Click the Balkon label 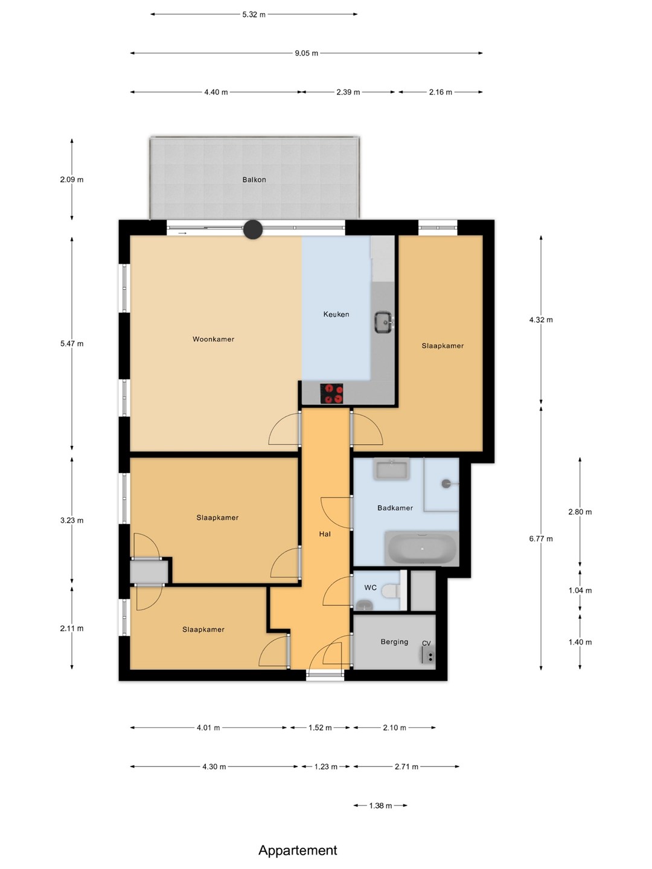254,180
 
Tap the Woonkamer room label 213,339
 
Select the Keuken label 336,314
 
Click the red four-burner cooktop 331,393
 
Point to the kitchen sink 383,323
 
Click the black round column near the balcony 253,230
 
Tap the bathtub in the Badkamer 421,549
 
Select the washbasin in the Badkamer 392,469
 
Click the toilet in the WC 391,591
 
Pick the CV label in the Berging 426,643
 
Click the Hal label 325,534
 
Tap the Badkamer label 395,508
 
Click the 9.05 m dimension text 307,54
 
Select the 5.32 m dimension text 254,14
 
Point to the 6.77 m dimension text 541,539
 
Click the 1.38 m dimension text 380,806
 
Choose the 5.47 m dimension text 72,343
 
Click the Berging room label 394,641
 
